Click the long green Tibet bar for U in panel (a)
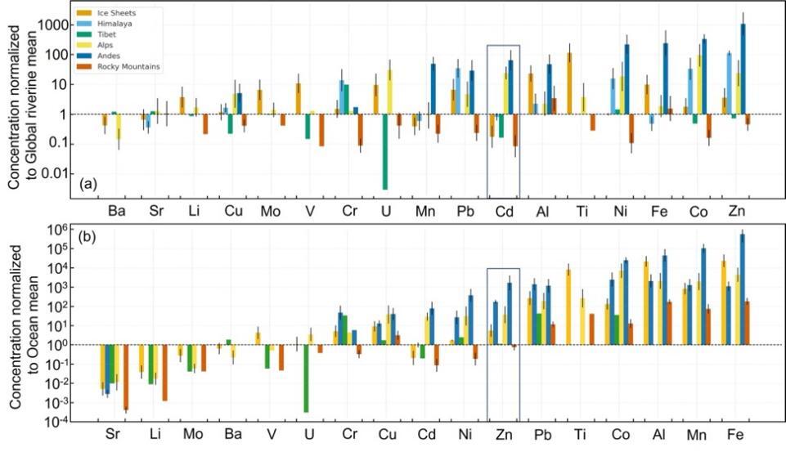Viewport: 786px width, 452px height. pyautogui.click(x=384, y=151)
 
